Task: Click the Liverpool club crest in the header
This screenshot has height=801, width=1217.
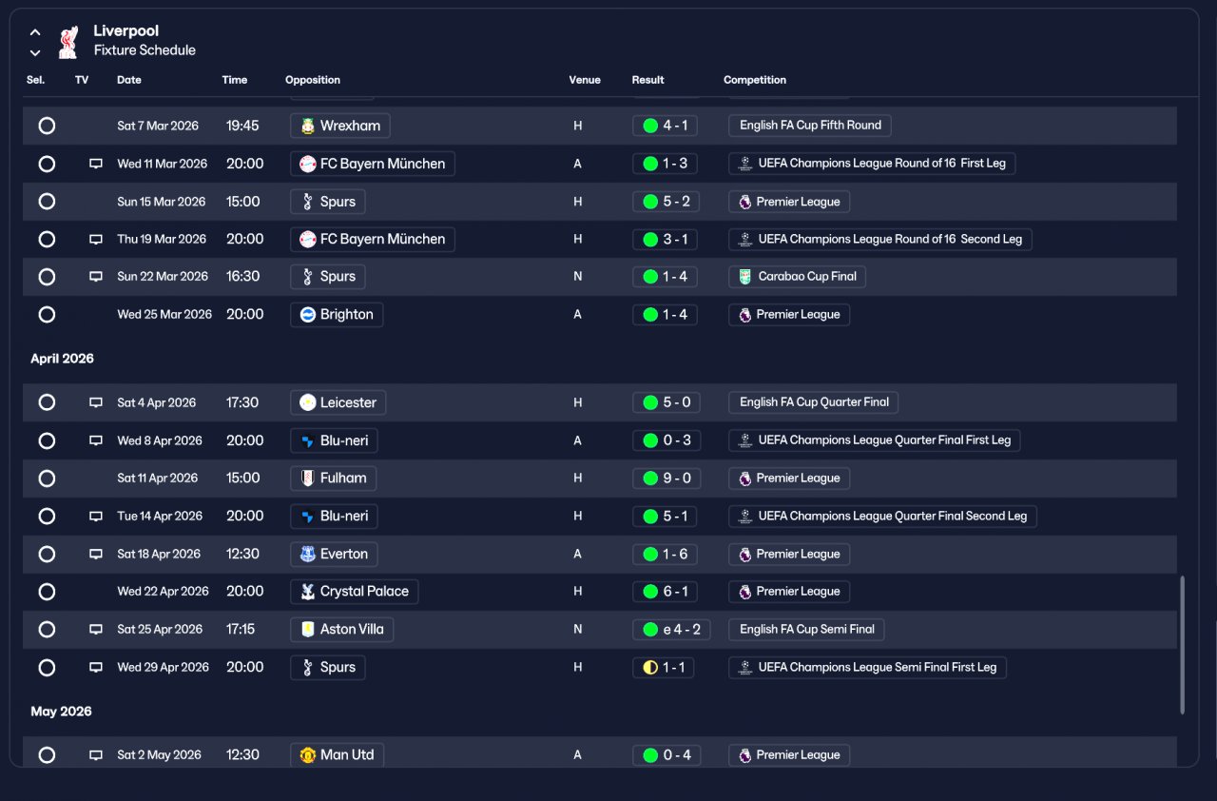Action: pyautogui.click(x=68, y=42)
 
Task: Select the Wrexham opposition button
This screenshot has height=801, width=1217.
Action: pyautogui.click(x=340, y=126)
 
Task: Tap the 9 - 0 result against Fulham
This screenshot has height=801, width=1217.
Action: pyautogui.click(x=666, y=479)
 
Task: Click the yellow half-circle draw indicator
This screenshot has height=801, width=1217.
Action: pyautogui.click(x=650, y=667)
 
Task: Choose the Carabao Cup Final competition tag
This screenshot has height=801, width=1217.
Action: pyautogui.click(x=797, y=277)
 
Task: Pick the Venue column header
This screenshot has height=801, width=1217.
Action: pyautogui.click(x=585, y=80)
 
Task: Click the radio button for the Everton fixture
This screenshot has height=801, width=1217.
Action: pyautogui.click(x=47, y=554)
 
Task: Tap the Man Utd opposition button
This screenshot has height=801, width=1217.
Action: pyautogui.click(x=337, y=754)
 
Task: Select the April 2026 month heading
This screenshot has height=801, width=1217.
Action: pyautogui.click(x=62, y=359)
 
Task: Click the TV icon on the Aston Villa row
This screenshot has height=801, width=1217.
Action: pyautogui.click(x=96, y=629)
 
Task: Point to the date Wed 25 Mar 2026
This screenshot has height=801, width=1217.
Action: pyautogui.click(x=164, y=315)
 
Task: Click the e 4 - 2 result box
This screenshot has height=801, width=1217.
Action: pyautogui.click(x=671, y=629)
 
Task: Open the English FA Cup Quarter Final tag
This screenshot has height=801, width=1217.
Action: pyautogui.click(x=813, y=402)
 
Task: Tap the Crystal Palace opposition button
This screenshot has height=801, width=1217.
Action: pyautogui.click(x=355, y=592)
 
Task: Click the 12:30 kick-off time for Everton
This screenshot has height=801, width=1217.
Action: pyautogui.click(x=242, y=554)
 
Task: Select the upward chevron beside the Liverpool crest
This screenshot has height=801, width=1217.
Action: pyautogui.click(x=35, y=32)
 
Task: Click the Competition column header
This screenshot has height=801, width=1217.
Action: pyautogui.click(x=755, y=80)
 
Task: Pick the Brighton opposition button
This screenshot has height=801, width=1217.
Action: pyautogui.click(x=337, y=315)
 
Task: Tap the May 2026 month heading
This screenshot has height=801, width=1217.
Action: pyautogui.click(x=61, y=712)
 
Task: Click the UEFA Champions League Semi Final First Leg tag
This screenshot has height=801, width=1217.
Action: pyautogui.click(x=867, y=667)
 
